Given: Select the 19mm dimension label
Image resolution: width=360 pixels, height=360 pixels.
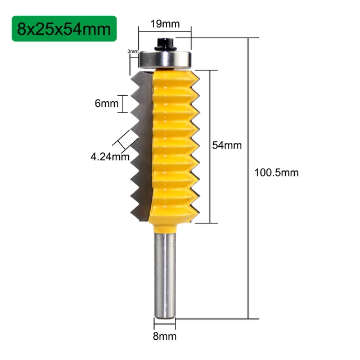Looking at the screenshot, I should (x=164, y=24).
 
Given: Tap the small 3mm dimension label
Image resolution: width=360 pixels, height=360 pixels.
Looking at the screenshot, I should (x=133, y=52).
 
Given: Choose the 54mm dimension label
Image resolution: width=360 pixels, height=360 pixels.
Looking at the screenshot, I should (x=226, y=145).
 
